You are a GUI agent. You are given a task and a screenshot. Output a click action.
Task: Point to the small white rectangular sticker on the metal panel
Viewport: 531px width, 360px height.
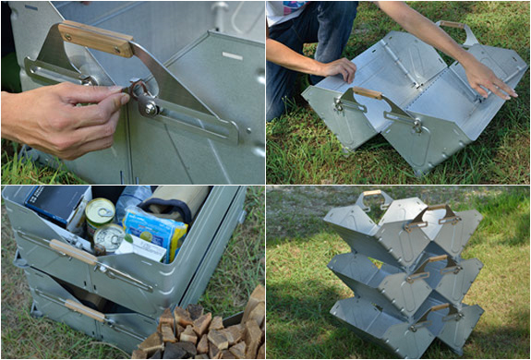tap(231, 56)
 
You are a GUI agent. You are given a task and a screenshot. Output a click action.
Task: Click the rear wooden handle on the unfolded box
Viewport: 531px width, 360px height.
tap(453, 25)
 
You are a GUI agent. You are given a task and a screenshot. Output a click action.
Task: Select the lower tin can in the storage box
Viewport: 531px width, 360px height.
tap(108, 237)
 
